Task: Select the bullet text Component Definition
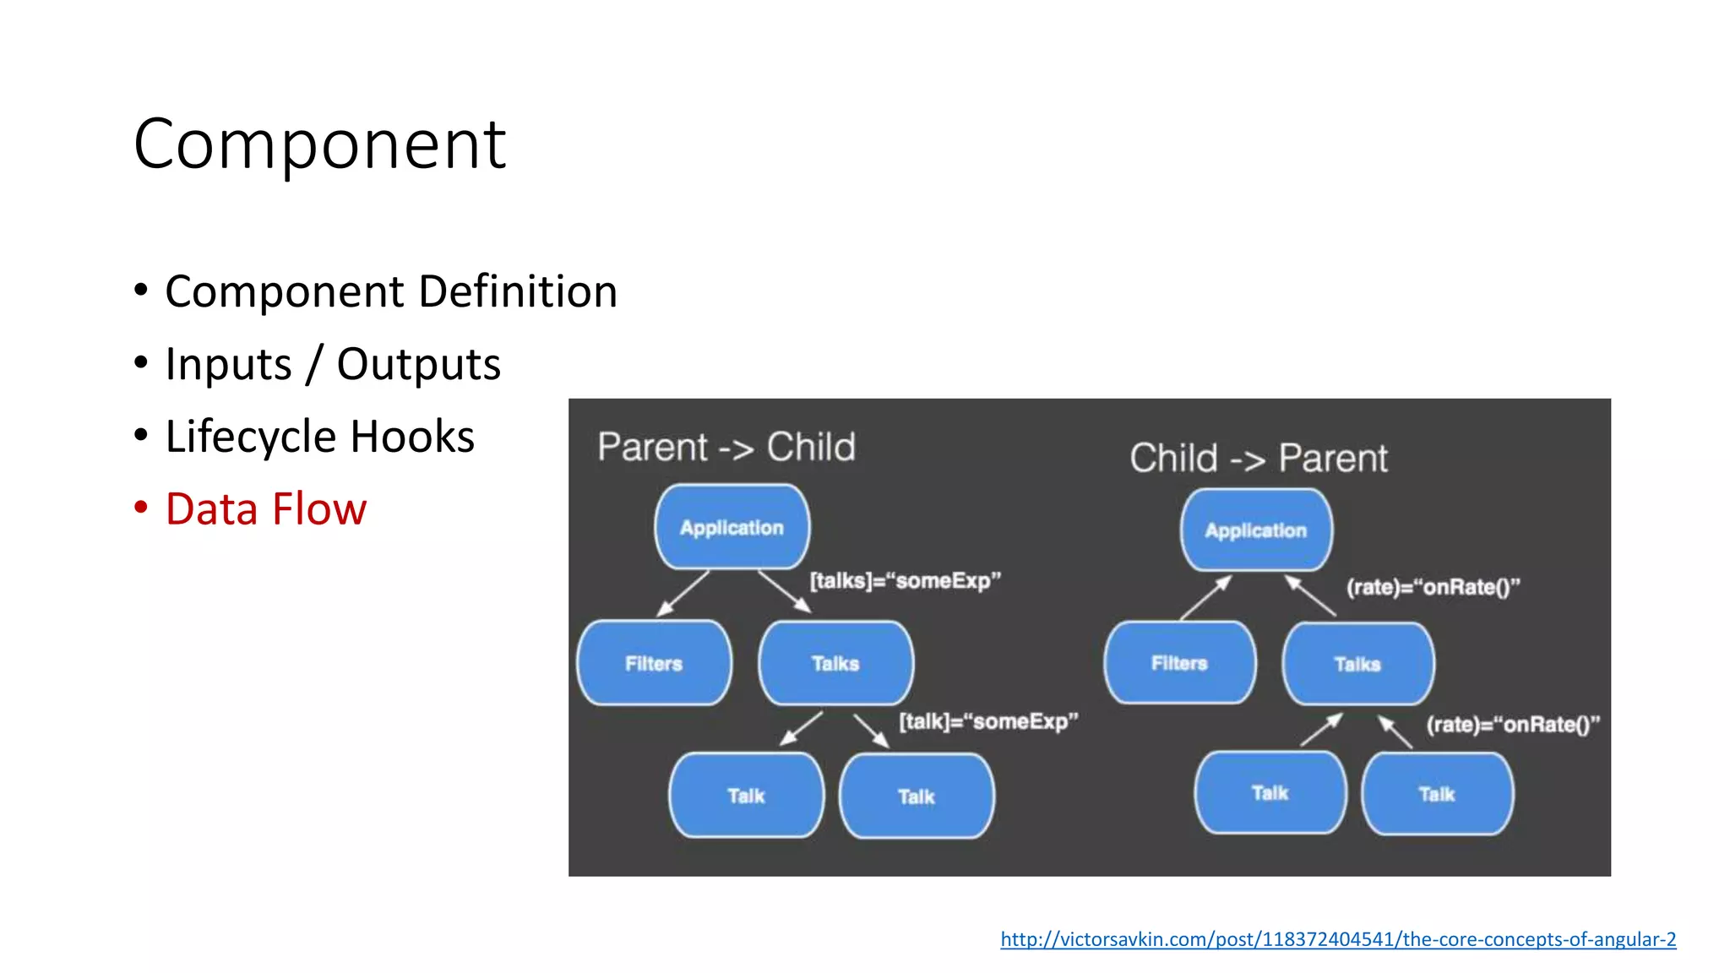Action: pyautogui.click(x=391, y=291)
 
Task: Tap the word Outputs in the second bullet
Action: pyautogui.click(x=418, y=364)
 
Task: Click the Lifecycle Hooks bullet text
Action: pyautogui.click(x=319, y=437)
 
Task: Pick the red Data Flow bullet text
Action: pyautogui.click(x=265, y=509)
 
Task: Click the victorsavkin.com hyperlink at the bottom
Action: pyautogui.click(x=1338, y=939)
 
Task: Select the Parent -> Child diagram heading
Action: pyautogui.click(x=726, y=447)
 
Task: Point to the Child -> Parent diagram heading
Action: pyautogui.click(x=1259, y=458)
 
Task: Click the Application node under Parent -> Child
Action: pyautogui.click(x=732, y=528)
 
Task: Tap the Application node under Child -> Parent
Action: pyautogui.click(x=1256, y=530)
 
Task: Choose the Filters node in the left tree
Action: pyautogui.click(x=654, y=664)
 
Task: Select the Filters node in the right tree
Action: pyautogui.click(x=1179, y=663)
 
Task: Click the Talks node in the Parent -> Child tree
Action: pyautogui.click(x=835, y=664)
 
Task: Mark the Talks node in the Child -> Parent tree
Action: pyautogui.click(x=1357, y=665)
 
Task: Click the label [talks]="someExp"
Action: pyautogui.click(x=905, y=581)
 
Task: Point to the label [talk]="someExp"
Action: pyautogui.click(x=988, y=721)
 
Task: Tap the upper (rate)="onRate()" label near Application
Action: pyautogui.click(x=1433, y=587)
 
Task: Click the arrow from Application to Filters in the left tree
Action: pyautogui.click(x=683, y=594)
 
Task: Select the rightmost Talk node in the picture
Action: pyautogui.click(x=1437, y=794)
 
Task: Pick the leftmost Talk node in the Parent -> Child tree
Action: pyautogui.click(x=746, y=796)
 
